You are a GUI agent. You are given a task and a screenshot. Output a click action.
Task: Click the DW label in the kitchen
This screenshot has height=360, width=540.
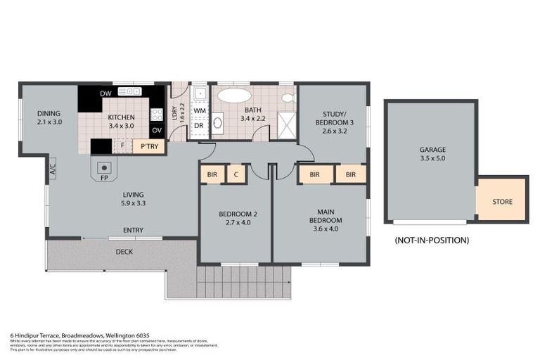105,94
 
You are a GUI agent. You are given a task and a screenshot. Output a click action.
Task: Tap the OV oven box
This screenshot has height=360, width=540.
156,130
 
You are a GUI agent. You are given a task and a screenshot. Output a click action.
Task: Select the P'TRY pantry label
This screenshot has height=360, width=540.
149,146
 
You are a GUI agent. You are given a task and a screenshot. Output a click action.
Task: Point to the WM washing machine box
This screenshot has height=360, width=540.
199,111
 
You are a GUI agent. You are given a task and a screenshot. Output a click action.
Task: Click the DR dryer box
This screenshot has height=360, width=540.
199,127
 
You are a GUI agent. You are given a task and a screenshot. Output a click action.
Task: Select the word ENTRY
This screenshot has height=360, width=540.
134,231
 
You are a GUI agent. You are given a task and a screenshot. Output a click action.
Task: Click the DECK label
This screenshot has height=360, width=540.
124,252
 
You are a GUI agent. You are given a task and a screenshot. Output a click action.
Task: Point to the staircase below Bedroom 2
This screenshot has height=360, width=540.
243,283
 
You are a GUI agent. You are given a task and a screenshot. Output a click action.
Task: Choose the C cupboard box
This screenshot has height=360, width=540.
236,174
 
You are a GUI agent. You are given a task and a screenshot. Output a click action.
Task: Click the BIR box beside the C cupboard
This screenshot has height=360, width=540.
211,174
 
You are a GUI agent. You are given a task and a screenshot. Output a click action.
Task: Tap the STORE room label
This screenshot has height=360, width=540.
502,202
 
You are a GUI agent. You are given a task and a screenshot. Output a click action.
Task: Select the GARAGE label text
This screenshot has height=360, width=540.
432,150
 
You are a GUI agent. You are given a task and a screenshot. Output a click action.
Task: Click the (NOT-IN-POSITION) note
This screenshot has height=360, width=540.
432,240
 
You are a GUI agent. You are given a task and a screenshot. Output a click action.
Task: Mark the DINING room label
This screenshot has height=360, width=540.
49,113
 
